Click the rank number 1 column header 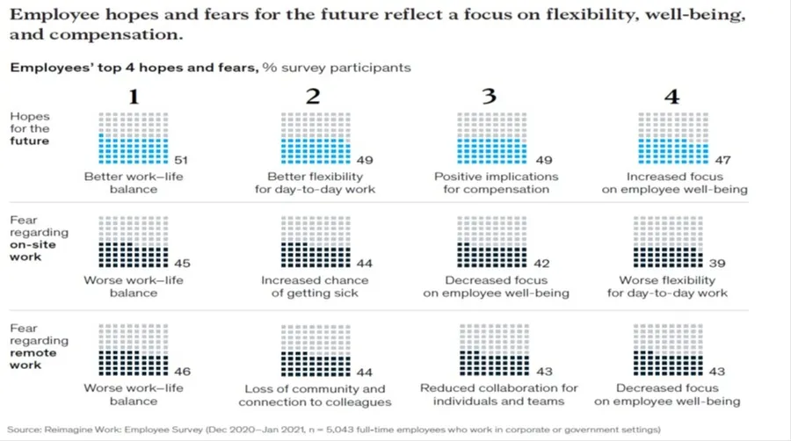(x=134, y=97)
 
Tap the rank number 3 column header (x=489, y=97)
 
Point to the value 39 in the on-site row (x=718, y=263)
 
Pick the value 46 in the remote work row (x=183, y=371)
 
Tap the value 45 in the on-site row (x=183, y=263)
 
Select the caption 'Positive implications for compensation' (x=496, y=182)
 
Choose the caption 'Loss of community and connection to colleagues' (x=312, y=394)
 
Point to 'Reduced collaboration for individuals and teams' (x=498, y=394)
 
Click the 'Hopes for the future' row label (x=30, y=128)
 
